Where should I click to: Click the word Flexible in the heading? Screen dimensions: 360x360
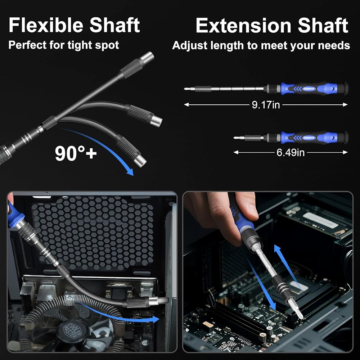click(x=46, y=25)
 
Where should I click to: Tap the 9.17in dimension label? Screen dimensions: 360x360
click(x=266, y=105)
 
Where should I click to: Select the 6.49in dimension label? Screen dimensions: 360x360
click(x=291, y=152)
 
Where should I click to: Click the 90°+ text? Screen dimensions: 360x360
click(x=76, y=153)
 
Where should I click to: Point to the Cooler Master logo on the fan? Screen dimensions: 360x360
click(x=73, y=331)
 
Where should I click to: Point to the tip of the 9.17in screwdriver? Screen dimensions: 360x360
click(x=185, y=89)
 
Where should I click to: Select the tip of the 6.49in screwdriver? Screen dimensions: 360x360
click(x=234, y=138)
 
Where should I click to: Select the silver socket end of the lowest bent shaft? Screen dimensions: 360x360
click(x=140, y=160)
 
